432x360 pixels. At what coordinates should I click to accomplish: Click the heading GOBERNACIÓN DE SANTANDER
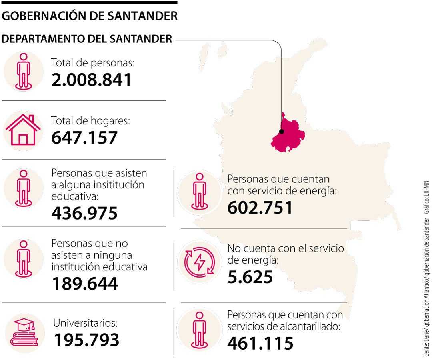pyautogui.click(x=90, y=16)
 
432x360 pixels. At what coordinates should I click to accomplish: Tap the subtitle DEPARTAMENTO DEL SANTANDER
pyautogui.click(x=87, y=39)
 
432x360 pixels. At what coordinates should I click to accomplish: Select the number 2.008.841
pyautogui.click(x=92, y=80)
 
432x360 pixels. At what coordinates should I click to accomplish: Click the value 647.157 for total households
pyautogui.click(x=84, y=138)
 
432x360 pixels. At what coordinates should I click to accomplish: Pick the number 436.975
pyautogui.click(x=84, y=213)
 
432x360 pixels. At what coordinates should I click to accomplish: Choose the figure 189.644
pyautogui.click(x=85, y=284)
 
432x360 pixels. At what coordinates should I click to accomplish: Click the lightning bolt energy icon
pyautogui.click(x=199, y=263)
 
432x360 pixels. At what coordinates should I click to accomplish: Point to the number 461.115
pyautogui.click(x=260, y=343)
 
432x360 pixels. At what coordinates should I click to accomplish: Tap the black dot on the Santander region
pyautogui.click(x=282, y=131)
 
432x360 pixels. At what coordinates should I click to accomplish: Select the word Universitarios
pyautogui.click(x=86, y=322)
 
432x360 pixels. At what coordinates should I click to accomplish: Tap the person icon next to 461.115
pyautogui.click(x=199, y=329)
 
